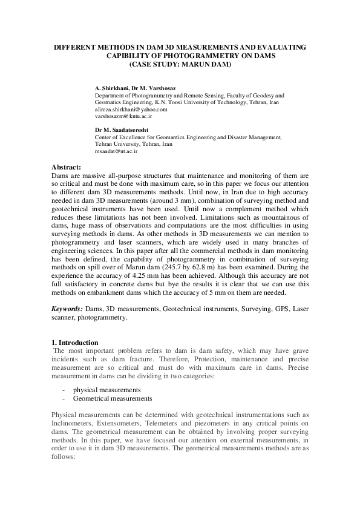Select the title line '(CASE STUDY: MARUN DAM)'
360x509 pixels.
click(x=180, y=64)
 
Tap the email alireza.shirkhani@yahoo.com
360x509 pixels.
click(x=131, y=110)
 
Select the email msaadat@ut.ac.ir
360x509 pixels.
click(x=117, y=151)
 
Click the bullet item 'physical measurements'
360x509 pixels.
click(x=106, y=389)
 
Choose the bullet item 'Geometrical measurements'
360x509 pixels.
click(x=112, y=399)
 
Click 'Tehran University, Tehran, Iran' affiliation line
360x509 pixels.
click(x=134, y=145)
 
